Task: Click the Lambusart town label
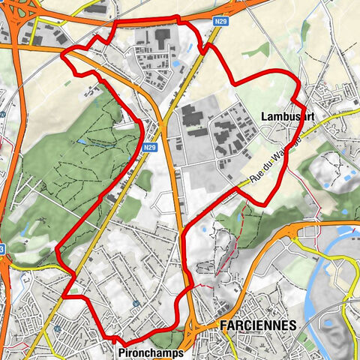click(286, 117)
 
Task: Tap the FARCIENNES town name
click(259, 325)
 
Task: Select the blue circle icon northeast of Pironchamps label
click(136, 304)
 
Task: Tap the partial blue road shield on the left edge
click(2, 248)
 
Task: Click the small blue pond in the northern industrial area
click(176, 64)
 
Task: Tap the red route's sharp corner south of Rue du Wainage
click(260, 204)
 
